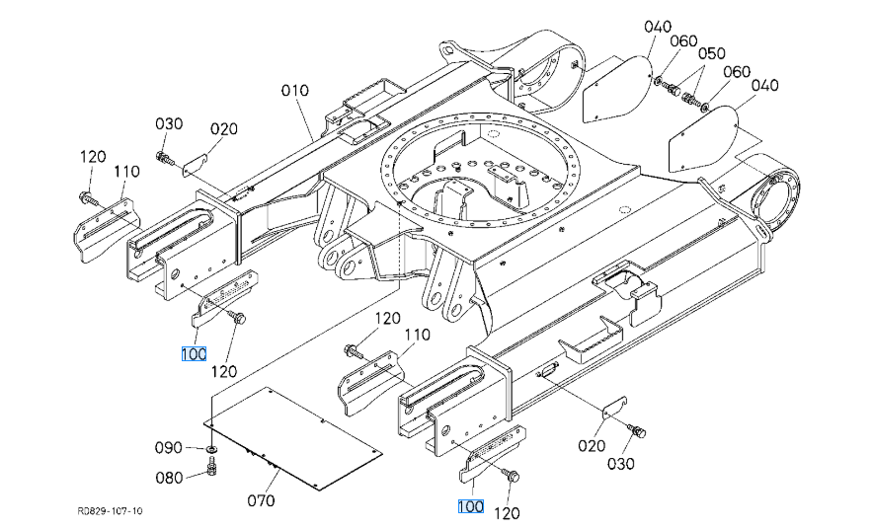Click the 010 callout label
pyautogui.click(x=294, y=90)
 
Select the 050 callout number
pyautogui.click(x=712, y=53)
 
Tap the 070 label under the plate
pyautogui.click(x=262, y=500)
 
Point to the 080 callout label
pyautogui.click(x=169, y=478)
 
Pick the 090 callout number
pyautogui.click(x=169, y=447)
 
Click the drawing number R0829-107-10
pyautogui.click(x=111, y=510)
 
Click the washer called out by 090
pyautogui.click(x=210, y=448)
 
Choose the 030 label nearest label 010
pyautogui.click(x=169, y=123)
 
